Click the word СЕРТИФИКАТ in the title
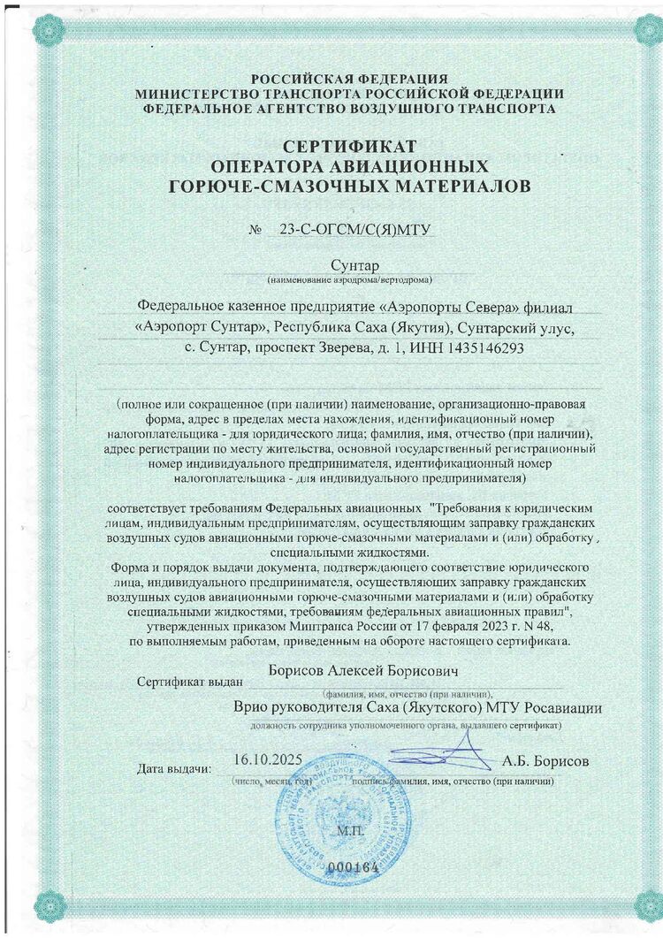tap(350, 145)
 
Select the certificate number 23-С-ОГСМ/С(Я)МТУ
tap(354, 231)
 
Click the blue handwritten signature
tap(433, 758)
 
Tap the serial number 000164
tap(354, 867)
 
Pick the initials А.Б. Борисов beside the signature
tap(545, 761)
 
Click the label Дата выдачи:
tap(174, 768)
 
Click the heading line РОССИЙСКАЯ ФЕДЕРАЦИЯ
tap(349, 79)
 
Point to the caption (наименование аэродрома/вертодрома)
tap(349, 280)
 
